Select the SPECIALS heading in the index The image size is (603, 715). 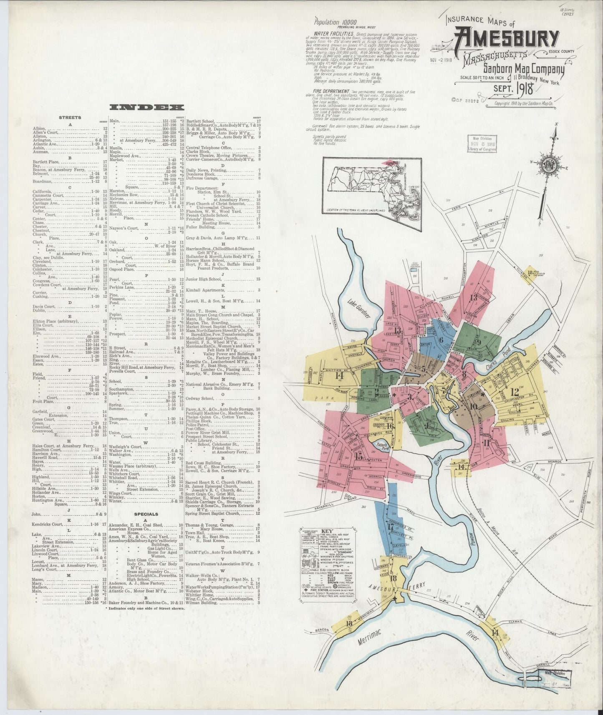146,514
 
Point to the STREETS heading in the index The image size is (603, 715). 70,118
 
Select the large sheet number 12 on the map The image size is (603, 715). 514,392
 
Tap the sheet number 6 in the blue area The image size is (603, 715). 441,339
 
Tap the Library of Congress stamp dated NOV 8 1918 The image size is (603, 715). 482,143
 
